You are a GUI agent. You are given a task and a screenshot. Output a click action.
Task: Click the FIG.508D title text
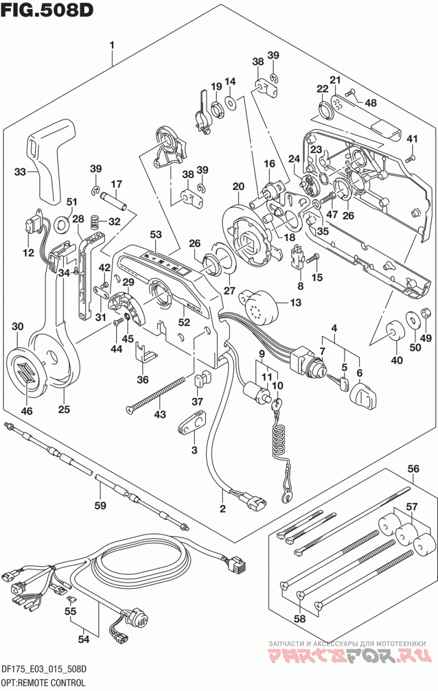click(x=47, y=10)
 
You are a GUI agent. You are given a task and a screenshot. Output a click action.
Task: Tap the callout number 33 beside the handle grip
click(x=20, y=171)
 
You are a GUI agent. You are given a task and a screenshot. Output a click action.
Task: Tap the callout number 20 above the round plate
click(x=239, y=187)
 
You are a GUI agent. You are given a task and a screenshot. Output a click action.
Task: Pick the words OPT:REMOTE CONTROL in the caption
click(x=43, y=682)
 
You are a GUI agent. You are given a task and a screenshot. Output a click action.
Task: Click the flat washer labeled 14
click(x=230, y=101)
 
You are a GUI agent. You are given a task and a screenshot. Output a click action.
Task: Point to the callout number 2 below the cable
click(x=222, y=509)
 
